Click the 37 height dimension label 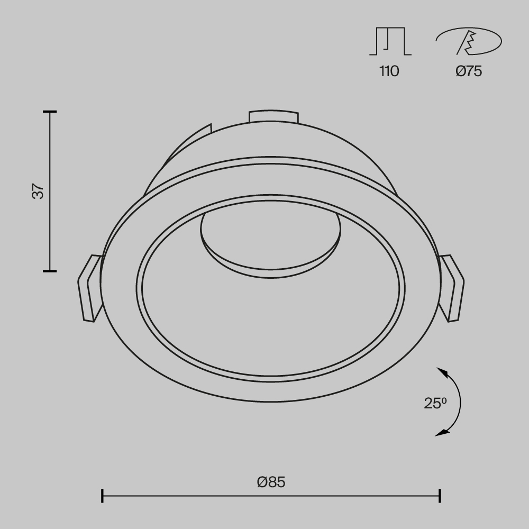pos(38,191)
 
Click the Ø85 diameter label pos(271,482)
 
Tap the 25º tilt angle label pos(435,404)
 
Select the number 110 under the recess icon pos(389,71)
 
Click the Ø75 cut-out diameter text pos(469,71)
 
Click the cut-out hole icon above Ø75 pos(469,42)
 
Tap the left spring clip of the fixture pos(90,288)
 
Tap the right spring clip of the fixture pos(452,288)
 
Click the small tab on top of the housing pos(273,117)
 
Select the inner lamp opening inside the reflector pos(271,238)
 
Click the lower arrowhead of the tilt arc pos(441,433)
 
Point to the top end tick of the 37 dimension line pos(50,112)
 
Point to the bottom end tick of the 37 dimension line pos(50,271)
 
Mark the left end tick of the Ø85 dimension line pos(102,496)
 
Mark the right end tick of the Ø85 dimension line pos(440,496)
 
